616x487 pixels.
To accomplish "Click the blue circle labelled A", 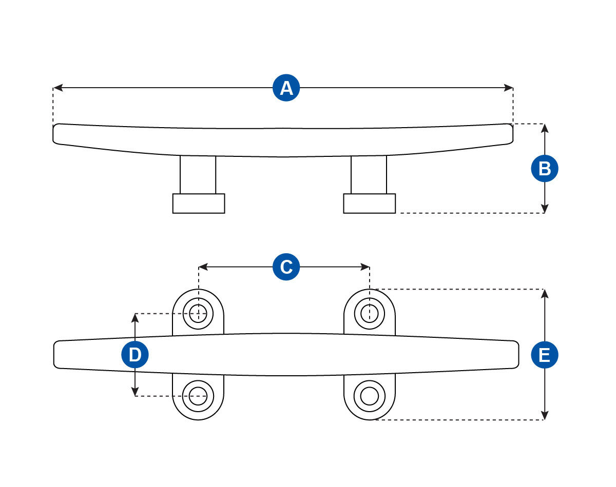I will point(286,88).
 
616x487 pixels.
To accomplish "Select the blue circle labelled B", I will point(545,169).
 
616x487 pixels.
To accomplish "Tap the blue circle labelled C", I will point(286,267).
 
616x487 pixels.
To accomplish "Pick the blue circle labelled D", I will point(135,355).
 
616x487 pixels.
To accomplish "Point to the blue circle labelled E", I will point(545,355).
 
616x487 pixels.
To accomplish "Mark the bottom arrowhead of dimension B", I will point(545,209).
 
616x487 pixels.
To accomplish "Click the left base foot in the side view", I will point(199,204).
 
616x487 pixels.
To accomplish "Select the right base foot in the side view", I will point(370,204).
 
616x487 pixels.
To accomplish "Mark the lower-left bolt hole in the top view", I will point(198,396).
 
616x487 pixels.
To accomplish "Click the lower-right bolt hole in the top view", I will point(370,396).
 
